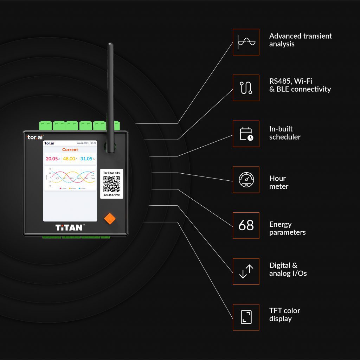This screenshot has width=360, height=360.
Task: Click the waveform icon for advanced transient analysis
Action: (246, 42)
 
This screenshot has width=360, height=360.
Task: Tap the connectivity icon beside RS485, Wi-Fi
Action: (246, 88)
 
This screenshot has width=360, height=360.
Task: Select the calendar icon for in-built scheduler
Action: (246, 134)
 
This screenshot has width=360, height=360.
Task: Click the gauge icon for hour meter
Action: (246, 180)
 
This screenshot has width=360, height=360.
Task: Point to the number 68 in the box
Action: (246, 225)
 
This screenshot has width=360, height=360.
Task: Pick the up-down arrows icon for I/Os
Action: (246, 271)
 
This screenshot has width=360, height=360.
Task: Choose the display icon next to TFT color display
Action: (246, 317)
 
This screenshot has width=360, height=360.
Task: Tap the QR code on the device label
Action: (111, 183)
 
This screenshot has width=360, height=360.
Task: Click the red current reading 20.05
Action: (52, 159)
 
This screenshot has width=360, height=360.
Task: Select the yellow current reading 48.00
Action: (69, 159)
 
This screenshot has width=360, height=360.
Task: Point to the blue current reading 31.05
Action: (86, 159)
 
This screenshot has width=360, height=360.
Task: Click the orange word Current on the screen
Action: (70, 150)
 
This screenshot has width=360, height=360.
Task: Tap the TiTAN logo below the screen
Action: (69, 227)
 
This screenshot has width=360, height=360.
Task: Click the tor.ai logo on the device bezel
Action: (36, 137)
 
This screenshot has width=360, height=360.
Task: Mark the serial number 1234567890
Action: (111, 195)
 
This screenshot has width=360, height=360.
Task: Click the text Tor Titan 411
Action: (111, 173)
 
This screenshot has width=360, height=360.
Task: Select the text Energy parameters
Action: (287, 228)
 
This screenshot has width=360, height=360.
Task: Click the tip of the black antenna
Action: (110, 45)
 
